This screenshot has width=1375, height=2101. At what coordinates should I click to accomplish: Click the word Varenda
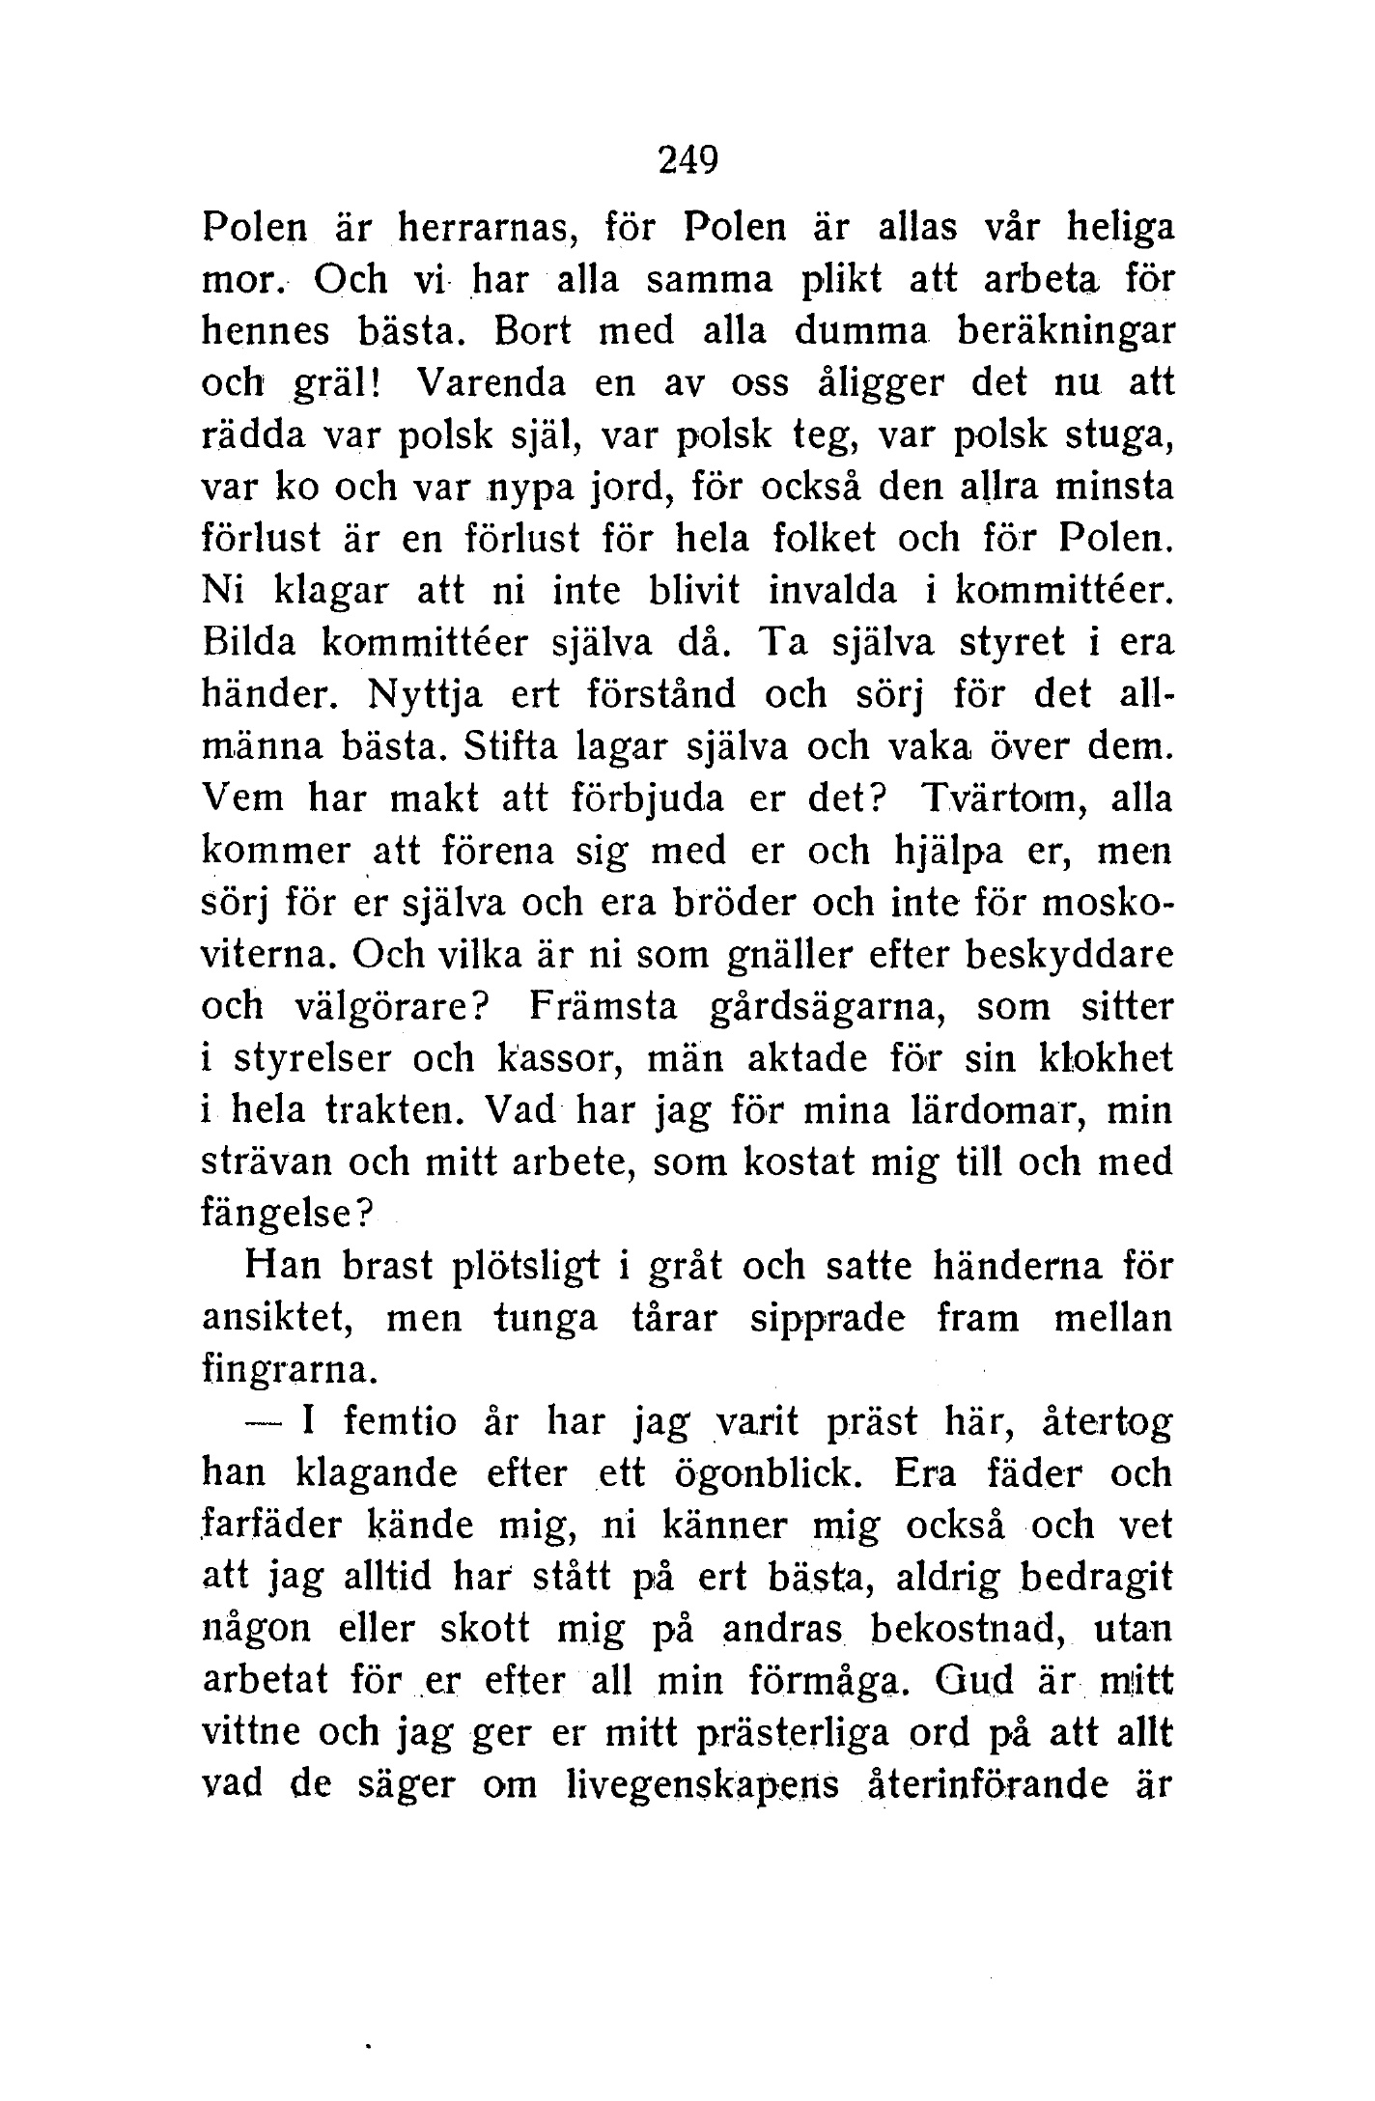point(489,384)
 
